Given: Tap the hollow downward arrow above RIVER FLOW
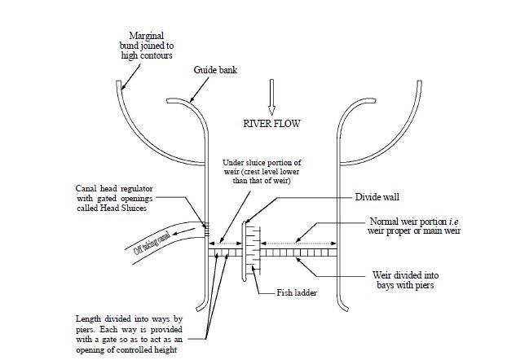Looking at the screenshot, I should (272, 95).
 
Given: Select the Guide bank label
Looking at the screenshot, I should (214, 71).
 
